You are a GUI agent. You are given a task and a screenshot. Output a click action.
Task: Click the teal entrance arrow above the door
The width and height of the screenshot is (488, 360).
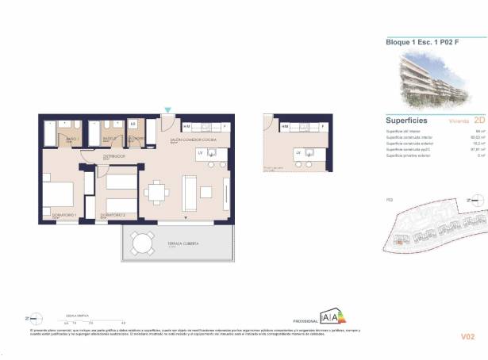coord(167,110)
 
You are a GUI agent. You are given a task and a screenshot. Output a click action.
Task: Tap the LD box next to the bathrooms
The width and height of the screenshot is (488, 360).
coord(133,124)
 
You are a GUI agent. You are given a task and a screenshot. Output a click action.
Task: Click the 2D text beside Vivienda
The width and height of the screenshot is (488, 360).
coord(478,121)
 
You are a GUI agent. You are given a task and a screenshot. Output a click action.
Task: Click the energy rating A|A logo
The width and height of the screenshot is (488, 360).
coord(332,316)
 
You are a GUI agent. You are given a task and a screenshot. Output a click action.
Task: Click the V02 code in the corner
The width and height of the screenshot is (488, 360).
coord(468,337)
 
